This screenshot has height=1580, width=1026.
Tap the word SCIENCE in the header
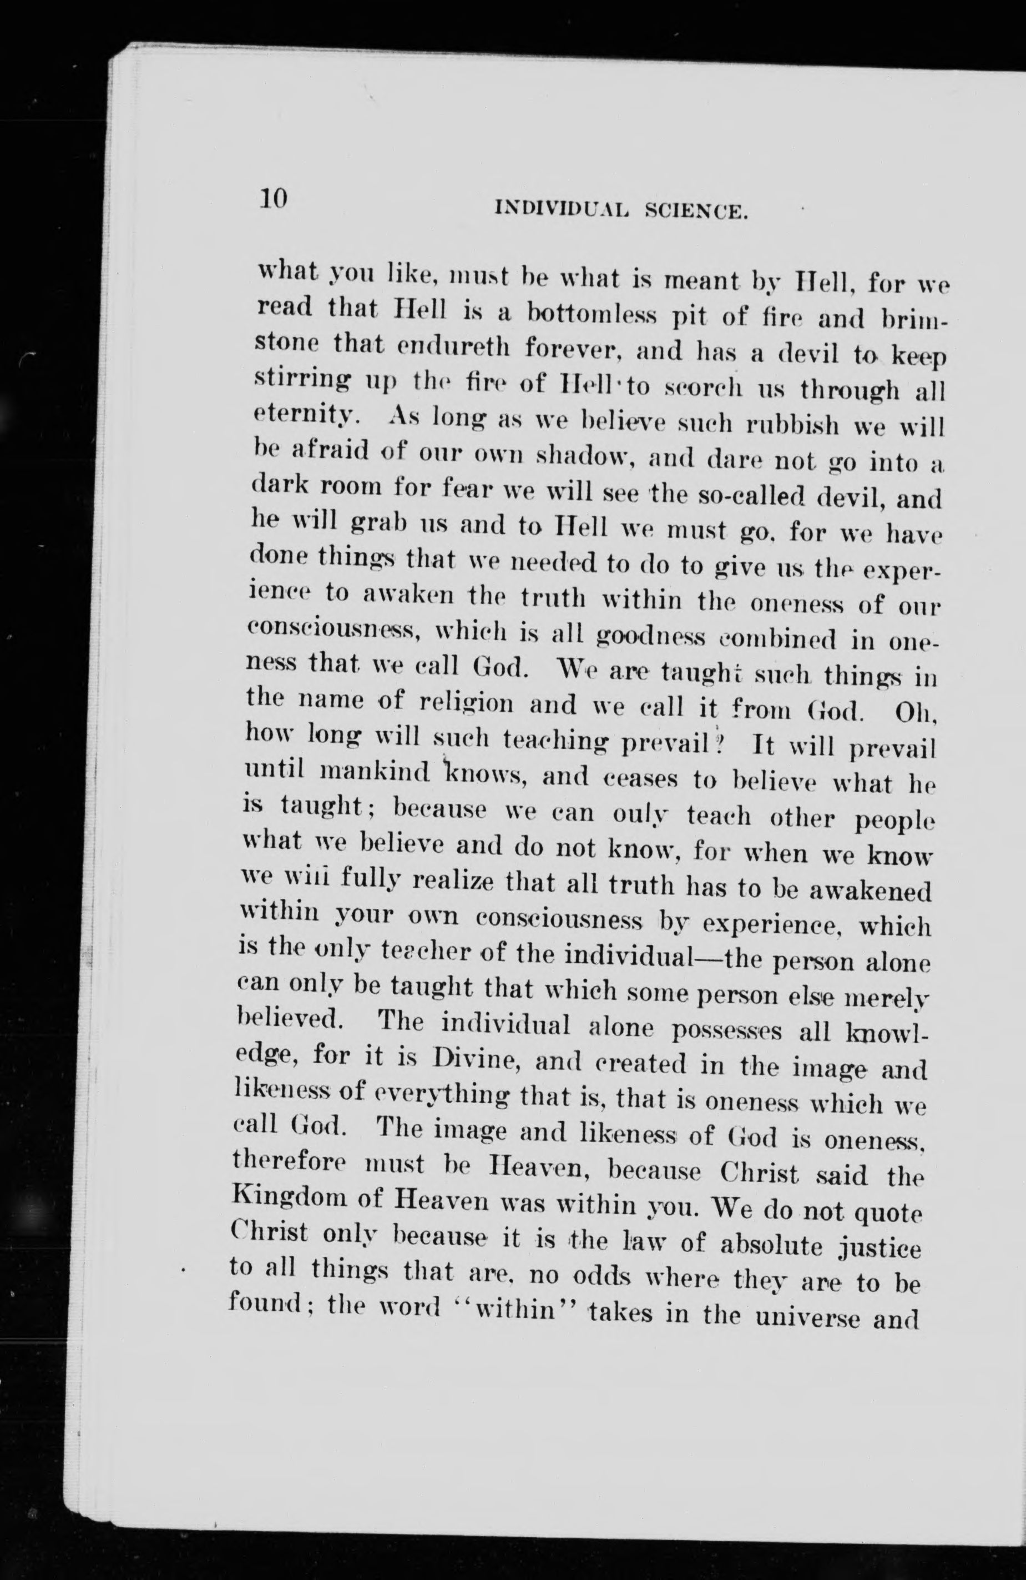[698, 213]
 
